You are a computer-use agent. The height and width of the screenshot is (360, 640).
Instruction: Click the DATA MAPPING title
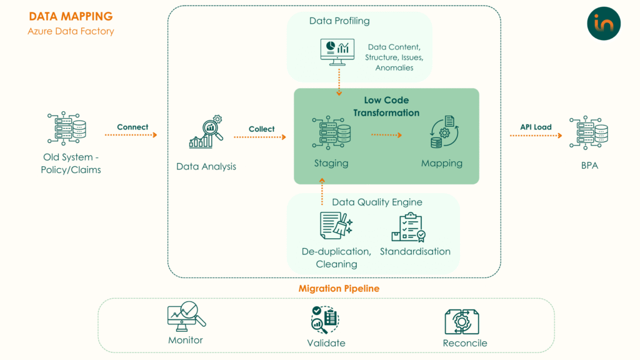[71, 17]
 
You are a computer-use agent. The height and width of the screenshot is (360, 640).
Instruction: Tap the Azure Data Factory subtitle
[71, 31]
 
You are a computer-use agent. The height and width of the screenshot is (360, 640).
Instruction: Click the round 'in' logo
[604, 24]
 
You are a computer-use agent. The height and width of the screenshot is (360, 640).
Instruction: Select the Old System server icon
[67, 130]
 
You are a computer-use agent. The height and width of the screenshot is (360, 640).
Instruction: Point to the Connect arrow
[132, 135]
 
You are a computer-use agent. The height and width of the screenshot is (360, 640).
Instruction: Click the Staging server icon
[331, 133]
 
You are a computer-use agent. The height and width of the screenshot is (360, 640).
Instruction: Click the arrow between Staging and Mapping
[386, 134]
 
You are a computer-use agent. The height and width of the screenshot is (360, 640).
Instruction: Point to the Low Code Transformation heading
[386, 106]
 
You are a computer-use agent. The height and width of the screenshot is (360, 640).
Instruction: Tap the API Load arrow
[536, 135]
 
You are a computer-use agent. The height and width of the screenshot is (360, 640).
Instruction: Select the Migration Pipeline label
[339, 289]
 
